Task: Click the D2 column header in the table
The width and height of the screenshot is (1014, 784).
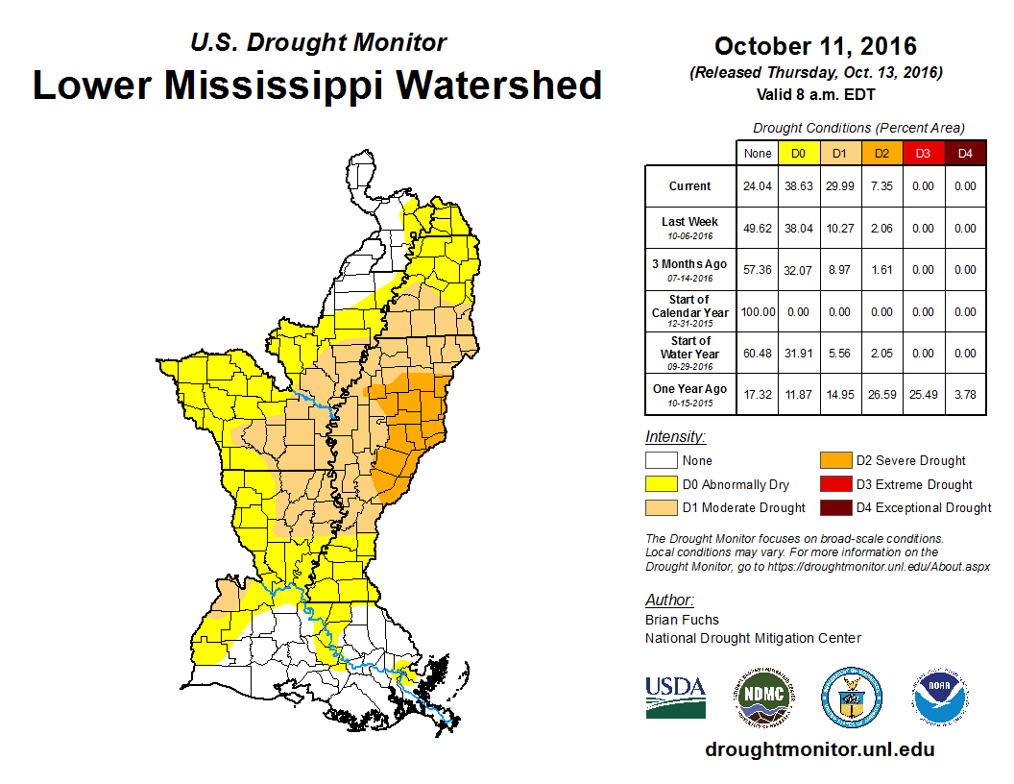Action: coord(881,154)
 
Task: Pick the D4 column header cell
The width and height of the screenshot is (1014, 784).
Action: coord(965,154)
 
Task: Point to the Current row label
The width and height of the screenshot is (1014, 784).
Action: coord(690,186)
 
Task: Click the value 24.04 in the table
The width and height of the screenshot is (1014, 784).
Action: coord(758,186)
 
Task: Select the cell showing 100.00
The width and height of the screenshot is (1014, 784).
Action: coord(758,312)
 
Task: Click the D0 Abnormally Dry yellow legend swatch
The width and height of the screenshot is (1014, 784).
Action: coord(662,484)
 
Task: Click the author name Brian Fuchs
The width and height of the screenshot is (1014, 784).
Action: coord(682,620)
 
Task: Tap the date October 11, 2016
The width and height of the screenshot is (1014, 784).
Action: coord(815,46)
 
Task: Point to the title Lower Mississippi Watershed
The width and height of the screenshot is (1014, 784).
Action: coord(318,85)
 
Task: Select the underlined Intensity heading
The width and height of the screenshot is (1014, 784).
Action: coord(675,436)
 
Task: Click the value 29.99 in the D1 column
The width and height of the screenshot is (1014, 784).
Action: coord(839,186)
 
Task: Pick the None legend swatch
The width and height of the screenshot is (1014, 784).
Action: coord(662,461)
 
